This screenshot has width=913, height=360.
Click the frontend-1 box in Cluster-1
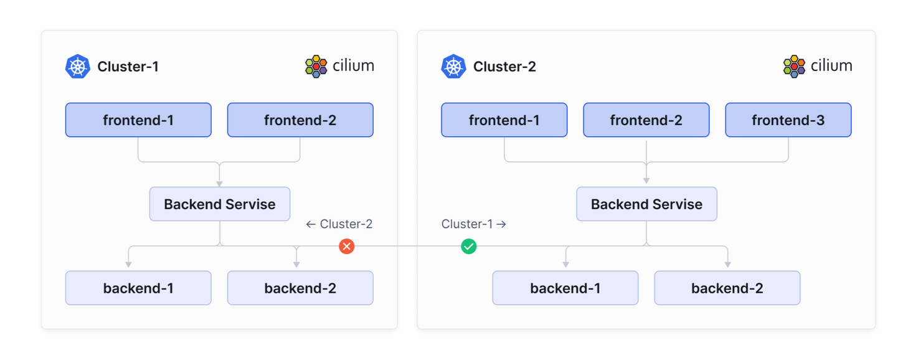138,120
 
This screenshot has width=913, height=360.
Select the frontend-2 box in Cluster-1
300,120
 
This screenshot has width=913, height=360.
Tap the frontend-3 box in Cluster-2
788,120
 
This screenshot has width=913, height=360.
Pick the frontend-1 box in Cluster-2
504,120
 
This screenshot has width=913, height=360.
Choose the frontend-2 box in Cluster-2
646,120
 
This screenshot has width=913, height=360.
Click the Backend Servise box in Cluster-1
219,204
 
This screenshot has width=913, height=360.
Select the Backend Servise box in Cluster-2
646,204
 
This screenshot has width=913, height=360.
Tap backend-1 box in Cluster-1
138,288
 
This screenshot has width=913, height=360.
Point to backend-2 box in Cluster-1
300,288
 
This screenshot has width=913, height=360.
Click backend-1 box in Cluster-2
565,288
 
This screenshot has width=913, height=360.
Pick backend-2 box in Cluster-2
727,288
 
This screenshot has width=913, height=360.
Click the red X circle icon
347,247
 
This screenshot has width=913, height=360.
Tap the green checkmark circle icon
469,247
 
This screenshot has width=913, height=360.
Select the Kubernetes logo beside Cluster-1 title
78,67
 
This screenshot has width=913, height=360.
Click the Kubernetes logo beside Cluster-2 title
453,67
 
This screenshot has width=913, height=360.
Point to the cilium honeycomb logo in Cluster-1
316,66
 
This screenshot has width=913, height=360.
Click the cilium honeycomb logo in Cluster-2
794,66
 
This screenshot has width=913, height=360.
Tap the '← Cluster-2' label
339,224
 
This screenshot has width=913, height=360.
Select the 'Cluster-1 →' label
473,224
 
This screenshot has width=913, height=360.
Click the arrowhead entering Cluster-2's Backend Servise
646,181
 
